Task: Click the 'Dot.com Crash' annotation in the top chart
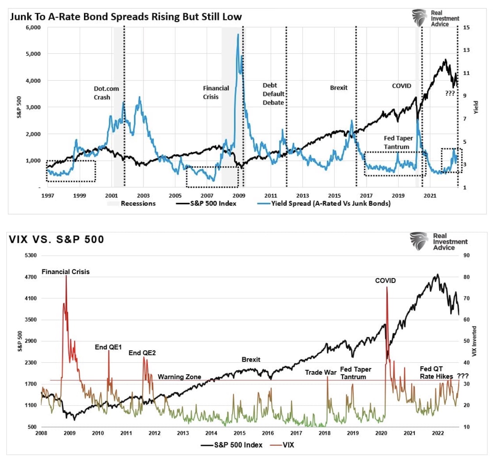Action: pyautogui.click(x=106, y=93)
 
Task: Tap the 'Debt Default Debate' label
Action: pyautogui.click(x=273, y=94)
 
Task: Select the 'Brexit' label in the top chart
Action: pyautogui.click(x=338, y=88)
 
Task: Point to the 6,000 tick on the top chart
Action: pyautogui.click(x=33, y=27)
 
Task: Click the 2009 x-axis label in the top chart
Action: pyautogui.click(x=239, y=196)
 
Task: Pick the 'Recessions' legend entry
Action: pyautogui.click(x=138, y=203)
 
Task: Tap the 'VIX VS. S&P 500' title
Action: pyautogui.click(x=57, y=239)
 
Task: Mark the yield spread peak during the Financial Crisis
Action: pyautogui.click(x=238, y=35)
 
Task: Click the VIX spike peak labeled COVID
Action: pyautogui.click(x=387, y=287)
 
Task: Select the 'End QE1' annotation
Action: pyautogui.click(x=108, y=347)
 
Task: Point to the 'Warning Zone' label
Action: pyautogui.click(x=179, y=377)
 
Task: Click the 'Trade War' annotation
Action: pyautogui.click(x=320, y=372)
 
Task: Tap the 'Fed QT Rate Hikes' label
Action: pyautogui.click(x=436, y=372)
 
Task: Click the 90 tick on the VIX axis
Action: pyautogui.click(x=466, y=255)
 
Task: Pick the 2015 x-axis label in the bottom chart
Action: pyautogui.click(x=240, y=433)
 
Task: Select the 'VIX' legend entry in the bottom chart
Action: pyautogui.click(x=288, y=445)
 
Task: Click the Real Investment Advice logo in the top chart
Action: pyautogui.click(x=435, y=18)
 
